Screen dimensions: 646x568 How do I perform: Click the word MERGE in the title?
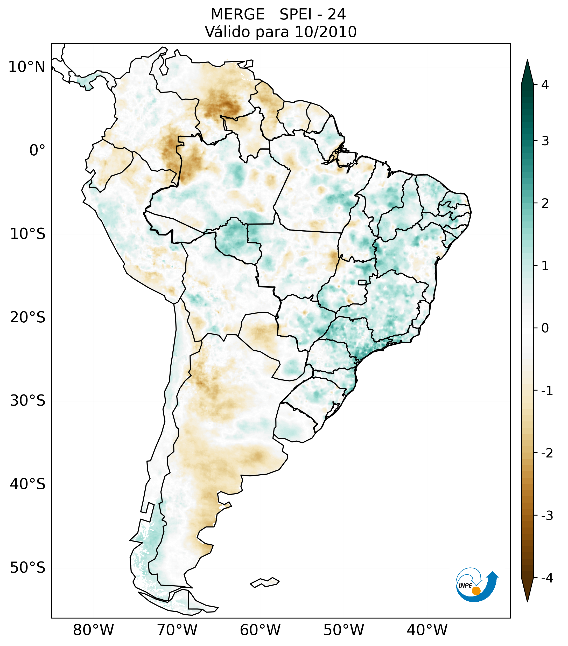(237, 15)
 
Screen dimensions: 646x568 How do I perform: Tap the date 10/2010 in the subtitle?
(326, 32)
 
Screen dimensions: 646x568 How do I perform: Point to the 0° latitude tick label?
(37, 150)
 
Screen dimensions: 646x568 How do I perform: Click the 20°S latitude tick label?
(27, 317)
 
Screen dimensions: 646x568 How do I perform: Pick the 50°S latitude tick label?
(27, 568)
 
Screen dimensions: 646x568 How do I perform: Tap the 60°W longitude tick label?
(260, 630)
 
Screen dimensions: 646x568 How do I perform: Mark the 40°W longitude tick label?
(427, 630)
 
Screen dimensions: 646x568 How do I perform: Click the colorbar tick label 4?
(545, 85)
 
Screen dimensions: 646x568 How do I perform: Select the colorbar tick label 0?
(545, 328)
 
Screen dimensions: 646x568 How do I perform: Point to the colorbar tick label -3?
(547, 516)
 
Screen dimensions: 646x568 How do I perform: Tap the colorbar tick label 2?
(545, 204)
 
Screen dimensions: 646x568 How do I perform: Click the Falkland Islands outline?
(265, 582)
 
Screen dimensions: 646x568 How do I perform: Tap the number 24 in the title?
(336, 15)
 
